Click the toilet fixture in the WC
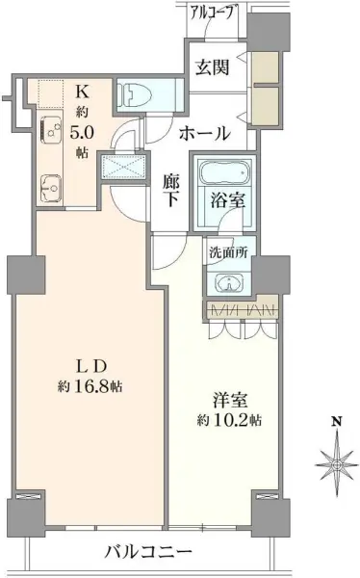pyautogui.click(x=136, y=94)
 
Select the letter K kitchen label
pyautogui.click(x=82, y=92)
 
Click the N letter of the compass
pyautogui.click(x=336, y=420)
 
